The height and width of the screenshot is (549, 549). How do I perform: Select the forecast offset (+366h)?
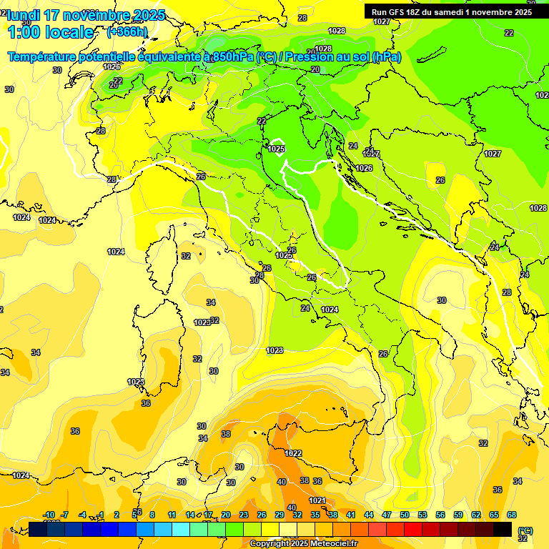pos(127,32)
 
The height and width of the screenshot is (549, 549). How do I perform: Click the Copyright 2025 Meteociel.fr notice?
pos(303,544)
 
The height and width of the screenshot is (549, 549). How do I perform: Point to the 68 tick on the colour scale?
pos(512,515)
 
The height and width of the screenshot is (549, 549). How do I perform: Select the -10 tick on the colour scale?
pos(49,515)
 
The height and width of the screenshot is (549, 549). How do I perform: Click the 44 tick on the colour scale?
pos(368,515)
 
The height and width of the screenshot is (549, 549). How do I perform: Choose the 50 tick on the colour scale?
pos(405,515)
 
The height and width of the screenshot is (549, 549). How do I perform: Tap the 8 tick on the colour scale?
pos(152,515)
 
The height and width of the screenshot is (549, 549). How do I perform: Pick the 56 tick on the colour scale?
pos(440,515)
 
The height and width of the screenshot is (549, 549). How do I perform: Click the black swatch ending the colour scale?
pos(503,529)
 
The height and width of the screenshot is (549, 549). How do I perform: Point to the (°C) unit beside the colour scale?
pos(525,530)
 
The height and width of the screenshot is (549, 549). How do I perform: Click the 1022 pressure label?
pos(293,453)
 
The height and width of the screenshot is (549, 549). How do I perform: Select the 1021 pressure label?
pos(317,500)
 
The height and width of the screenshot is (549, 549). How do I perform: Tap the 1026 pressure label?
pos(364,168)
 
